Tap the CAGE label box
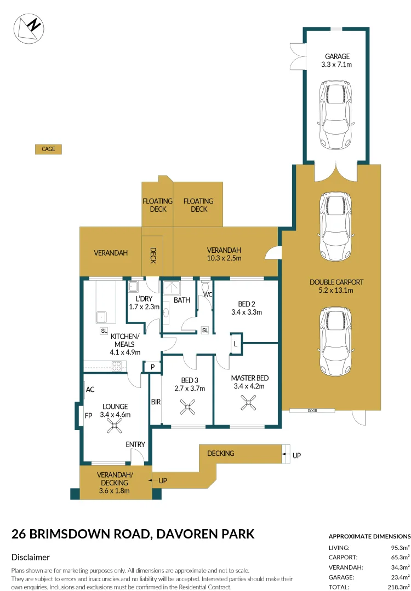coord(48,149)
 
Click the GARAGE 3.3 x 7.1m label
coord(337,60)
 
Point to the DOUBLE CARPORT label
coord(336,286)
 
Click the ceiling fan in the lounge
coord(114,426)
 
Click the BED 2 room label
coord(247,308)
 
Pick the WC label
coord(208,294)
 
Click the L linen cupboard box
coord(236,344)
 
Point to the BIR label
coord(156,402)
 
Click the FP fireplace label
coord(88,415)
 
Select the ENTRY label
coord(135,444)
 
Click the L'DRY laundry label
coord(144,303)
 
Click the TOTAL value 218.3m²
coord(397,587)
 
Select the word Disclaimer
coord(31,557)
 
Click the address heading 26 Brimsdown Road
coord(133,534)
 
